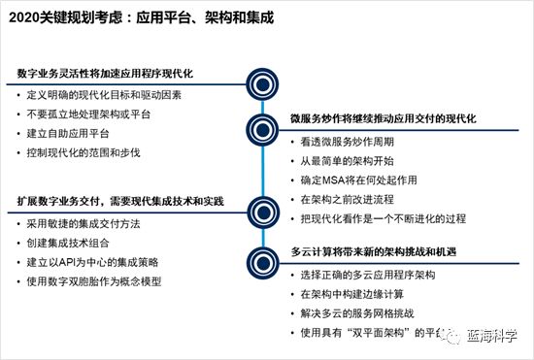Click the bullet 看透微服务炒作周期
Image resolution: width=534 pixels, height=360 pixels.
pos(340,142)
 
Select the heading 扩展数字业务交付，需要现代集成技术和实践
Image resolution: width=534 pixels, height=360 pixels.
pos(120,201)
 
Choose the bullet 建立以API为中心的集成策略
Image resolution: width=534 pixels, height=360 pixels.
pos(100,262)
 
